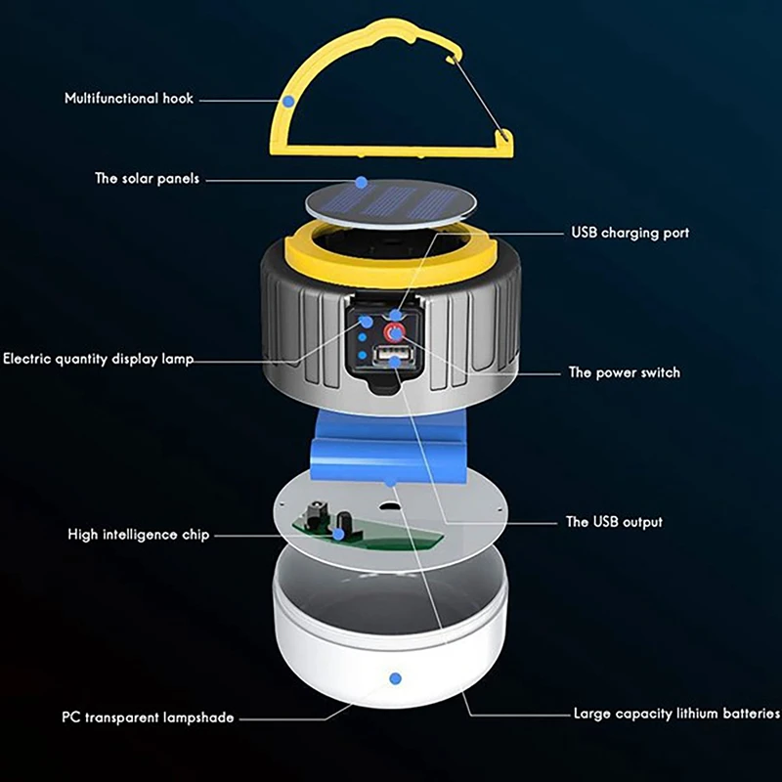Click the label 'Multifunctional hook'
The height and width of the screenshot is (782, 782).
tap(129, 99)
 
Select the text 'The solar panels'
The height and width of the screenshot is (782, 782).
tap(147, 179)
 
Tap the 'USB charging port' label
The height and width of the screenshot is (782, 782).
tap(630, 234)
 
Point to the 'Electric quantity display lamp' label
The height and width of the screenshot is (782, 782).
tap(98, 359)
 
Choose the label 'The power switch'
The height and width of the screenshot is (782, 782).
tap(624, 372)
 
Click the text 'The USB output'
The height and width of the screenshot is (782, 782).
tap(614, 522)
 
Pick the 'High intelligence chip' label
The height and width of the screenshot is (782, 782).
tap(138, 535)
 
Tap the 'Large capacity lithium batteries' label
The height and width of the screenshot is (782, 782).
tap(676, 715)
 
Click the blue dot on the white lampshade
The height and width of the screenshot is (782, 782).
tap(396, 676)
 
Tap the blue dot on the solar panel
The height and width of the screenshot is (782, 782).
tap(362, 182)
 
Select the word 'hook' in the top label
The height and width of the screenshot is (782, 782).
tap(177, 99)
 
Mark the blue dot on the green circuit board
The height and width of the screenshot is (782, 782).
tap(338, 534)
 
